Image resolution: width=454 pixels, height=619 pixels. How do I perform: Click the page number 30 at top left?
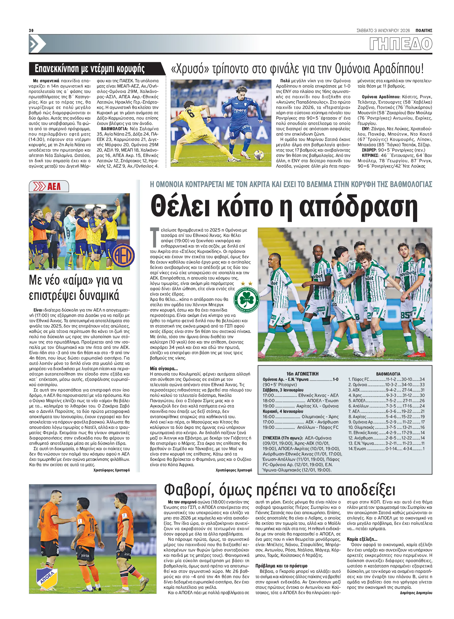[x=31, y=30]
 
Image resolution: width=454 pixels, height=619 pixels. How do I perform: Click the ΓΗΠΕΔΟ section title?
[x=401, y=44]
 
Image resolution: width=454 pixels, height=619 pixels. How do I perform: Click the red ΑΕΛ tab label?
[x=54, y=187]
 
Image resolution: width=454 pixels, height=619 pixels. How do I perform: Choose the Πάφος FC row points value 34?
[x=422, y=379]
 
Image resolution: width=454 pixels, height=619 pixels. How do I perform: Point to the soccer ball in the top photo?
[x=258, y=155]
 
